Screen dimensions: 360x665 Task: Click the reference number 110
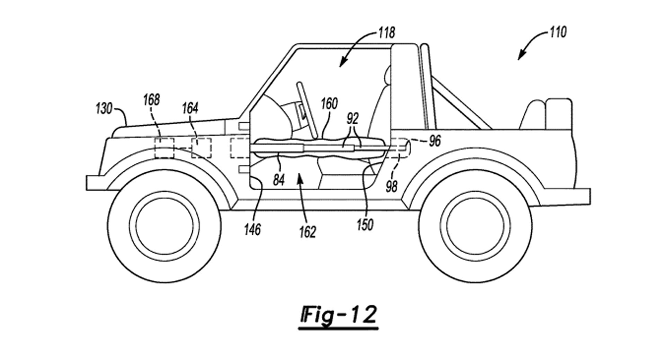pyautogui.click(x=558, y=33)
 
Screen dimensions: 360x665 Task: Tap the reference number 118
pyautogui.click(x=386, y=33)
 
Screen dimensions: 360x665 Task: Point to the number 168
pyautogui.click(x=151, y=100)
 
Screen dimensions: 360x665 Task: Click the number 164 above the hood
pyautogui.click(x=190, y=109)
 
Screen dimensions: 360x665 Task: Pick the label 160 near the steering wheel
pyautogui.click(x=329, y=104)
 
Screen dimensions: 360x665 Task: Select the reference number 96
pyautogui.click(x=435, y=141)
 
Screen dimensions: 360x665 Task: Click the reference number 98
pyautogui.click(x=392, y=187)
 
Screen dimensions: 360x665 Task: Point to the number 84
pyautogui.click(x=279, y=180)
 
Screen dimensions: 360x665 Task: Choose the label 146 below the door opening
pyautogui.click(x=252, y=229)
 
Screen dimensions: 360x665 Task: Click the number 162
pyautogui.click(x=308, y=232)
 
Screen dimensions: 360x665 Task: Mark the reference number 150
pyautogui.click(x=365, y=225)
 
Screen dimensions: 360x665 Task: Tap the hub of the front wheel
pyautogui.click(x=165, y=226)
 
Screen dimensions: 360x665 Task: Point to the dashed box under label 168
pyautogui.click(x=164, y=148)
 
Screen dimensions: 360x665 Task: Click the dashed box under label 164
pyautogui.click(x=201, y=148)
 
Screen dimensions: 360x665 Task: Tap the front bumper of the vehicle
pyautogui.click(x=95, y=183)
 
